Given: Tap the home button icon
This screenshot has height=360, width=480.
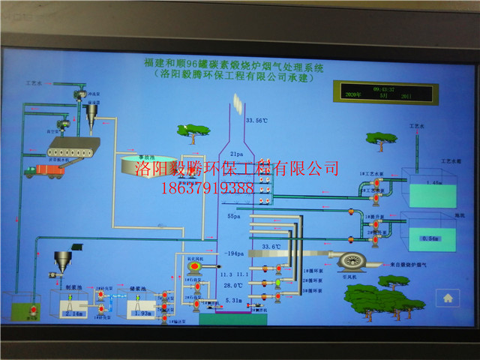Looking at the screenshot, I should click(x=448, y=297).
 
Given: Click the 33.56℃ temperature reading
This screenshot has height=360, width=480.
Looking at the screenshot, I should click(x=256, y=121).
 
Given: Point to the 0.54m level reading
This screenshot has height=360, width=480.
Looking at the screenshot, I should click(x=429, y=238).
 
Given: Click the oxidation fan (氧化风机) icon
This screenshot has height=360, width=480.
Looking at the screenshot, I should click(x=194, y=265).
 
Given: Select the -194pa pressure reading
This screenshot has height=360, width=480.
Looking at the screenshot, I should click(x=235, y=254).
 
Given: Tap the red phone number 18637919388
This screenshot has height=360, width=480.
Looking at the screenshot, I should click(x=207, y=188).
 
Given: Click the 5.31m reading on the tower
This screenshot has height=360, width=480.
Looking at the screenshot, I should click(x=235, y=301).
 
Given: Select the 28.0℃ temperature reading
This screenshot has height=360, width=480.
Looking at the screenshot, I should click(x=233, y=286).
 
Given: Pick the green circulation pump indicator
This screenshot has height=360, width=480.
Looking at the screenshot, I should click(x=278, y=282).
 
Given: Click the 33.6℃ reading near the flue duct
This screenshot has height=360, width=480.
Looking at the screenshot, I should click(x=271, y=245).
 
